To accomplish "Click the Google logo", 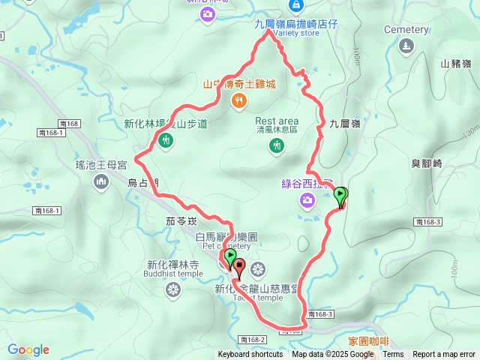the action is pos(28,349).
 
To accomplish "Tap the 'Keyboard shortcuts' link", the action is pos(250,355).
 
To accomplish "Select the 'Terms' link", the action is pos(393,355).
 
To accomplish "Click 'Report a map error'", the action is pos(444,355).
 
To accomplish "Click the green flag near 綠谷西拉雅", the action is pos(340,196).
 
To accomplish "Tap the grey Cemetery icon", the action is pos(406,46).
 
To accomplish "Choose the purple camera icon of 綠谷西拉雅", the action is pos(307,199).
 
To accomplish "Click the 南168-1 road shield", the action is pos(51,133).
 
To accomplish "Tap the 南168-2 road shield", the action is pos(254,340).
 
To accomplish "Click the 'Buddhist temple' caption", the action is pos(172,274).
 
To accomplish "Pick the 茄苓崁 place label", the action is pos(181,221).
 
